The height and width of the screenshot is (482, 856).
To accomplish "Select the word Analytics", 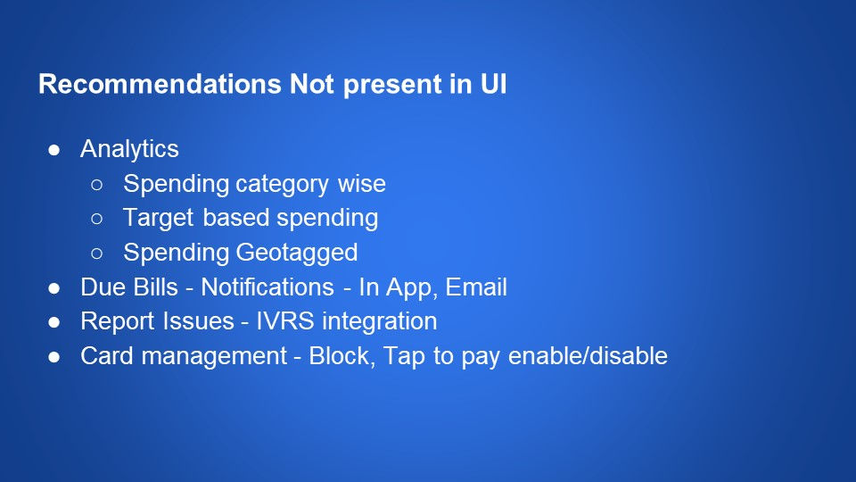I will pos(129,149).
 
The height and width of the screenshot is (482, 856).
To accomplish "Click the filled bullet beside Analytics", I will pos(54,150).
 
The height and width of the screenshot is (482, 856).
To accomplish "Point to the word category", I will pos(283,185).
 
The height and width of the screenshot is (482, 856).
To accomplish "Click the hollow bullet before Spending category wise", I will pos(97,185).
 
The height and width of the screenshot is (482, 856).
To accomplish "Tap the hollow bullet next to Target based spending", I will pos(97,219).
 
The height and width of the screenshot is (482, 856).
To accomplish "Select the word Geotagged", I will pos(296,253).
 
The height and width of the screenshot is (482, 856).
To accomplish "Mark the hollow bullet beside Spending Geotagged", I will pos(97,253).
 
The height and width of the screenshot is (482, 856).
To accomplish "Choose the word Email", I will pos(477,287).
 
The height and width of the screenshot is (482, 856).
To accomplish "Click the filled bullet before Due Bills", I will pos(54,288).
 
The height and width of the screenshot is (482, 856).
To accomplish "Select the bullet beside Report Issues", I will pos(54,322).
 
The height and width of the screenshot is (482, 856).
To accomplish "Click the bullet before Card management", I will pos(54,357).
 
